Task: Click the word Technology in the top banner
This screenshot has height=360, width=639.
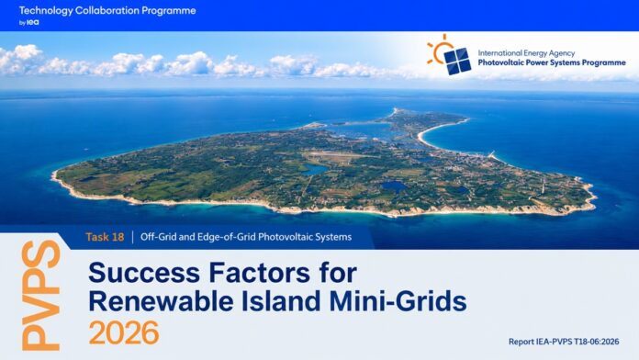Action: pos(46,11)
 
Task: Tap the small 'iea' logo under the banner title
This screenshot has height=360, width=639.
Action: pos(32,22)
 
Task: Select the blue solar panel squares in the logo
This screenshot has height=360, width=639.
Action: pos(457,62)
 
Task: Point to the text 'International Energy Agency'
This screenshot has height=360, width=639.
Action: pos(526,53)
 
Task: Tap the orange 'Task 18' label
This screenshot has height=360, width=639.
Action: pos(105,237)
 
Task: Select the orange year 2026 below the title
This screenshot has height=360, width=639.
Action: pos(124,332)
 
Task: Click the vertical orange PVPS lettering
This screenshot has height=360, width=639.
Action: pos(40,295)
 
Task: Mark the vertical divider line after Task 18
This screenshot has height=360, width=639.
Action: pos(133,237)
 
